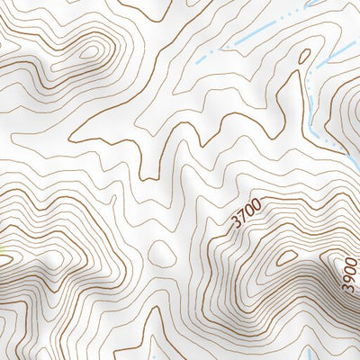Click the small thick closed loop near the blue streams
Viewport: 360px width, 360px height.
point(304,56)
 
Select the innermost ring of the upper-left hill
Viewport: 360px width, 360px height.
point(92,51)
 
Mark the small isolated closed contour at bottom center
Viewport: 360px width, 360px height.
point(162,251)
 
